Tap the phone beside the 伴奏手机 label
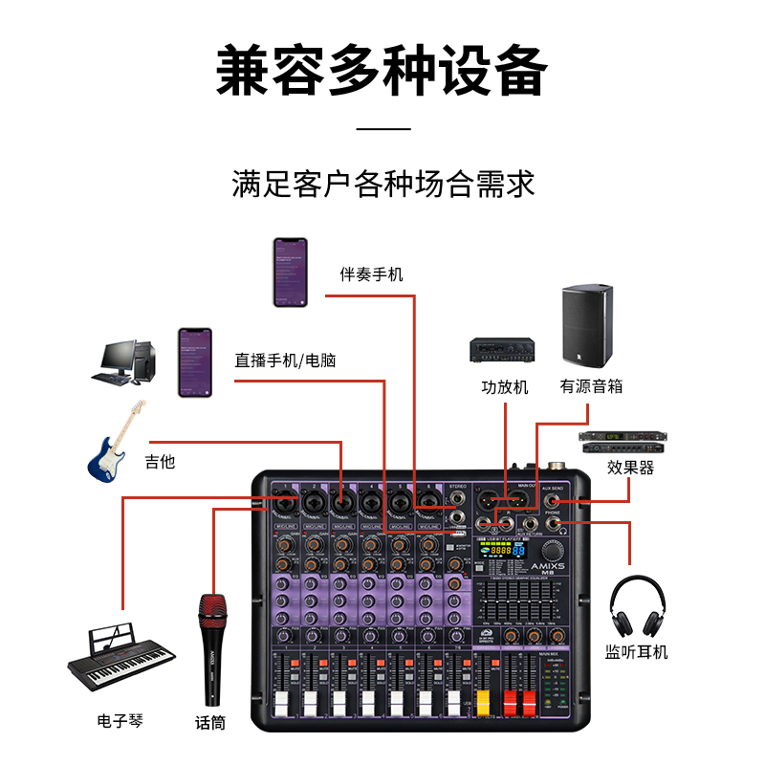pos(290,273)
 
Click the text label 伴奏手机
pos(372,274)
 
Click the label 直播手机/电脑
pos(285,361)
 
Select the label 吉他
pos(160,462)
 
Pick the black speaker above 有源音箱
pos(587,326)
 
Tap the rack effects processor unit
pos(621,442)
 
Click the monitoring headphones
pos(637,606)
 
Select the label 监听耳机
pos(637,652)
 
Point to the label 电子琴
pos(120,720)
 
